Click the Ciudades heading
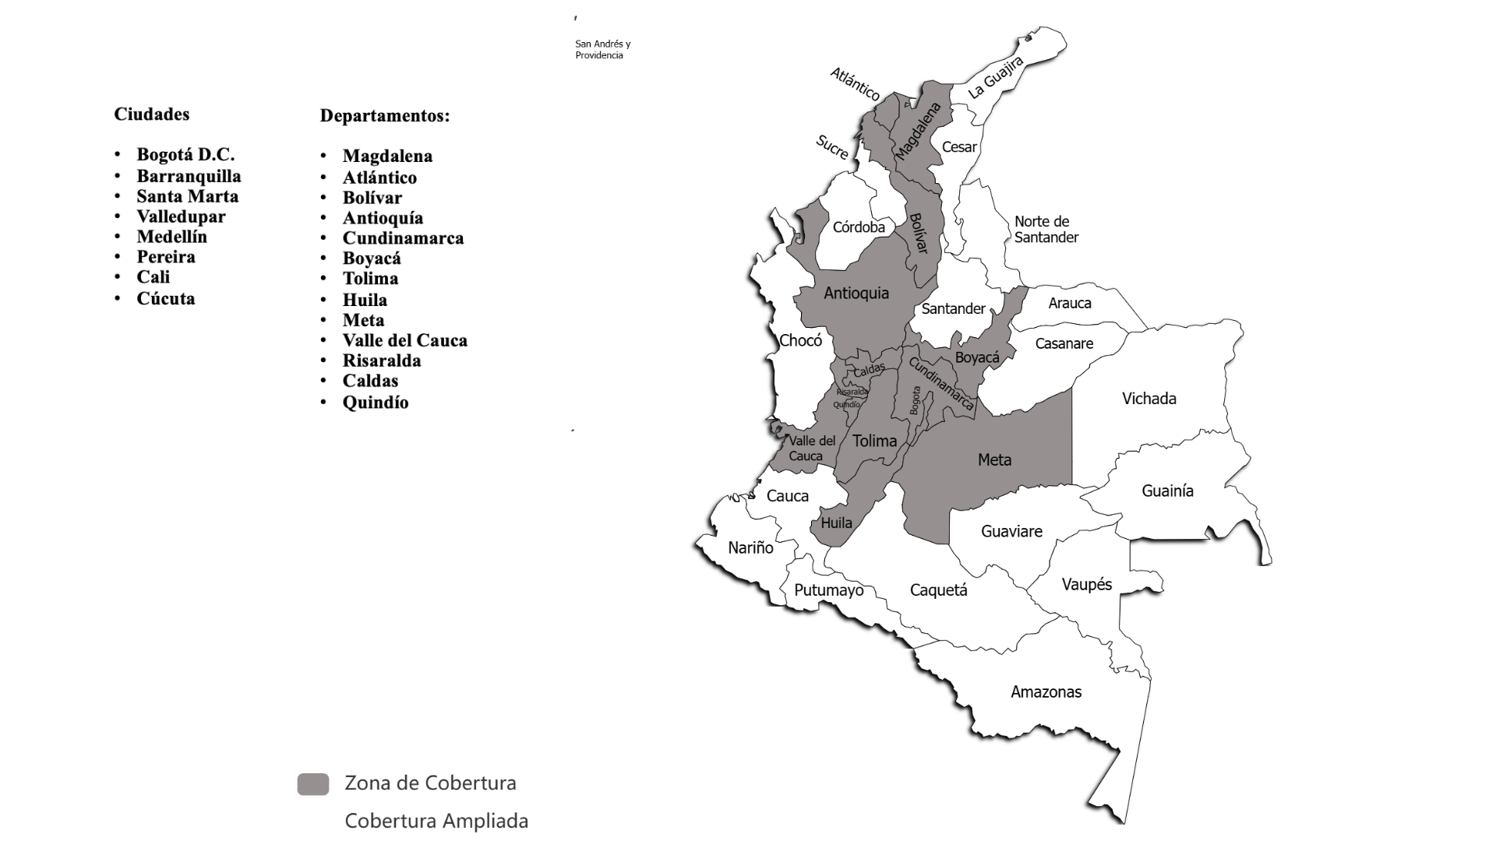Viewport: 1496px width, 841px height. [151, 114]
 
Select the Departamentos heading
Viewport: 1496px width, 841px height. [385, 116]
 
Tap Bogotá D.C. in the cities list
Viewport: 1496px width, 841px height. [185, 155]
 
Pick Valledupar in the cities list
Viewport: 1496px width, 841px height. [181, 216]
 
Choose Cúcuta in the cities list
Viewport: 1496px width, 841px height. [165, 299]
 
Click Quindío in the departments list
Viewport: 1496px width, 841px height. [376, 403]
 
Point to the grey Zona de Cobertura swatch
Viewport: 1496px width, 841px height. [313, 784]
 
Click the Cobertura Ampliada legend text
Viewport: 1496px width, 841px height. [436, 821]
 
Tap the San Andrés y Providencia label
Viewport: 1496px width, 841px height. [603, 50]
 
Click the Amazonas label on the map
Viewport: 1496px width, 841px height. [1046, 692]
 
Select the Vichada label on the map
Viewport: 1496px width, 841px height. [1148, 399]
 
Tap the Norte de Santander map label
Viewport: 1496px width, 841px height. [1046, 230]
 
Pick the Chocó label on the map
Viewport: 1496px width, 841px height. [800, 341]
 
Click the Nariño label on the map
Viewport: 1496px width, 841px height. [750, 548]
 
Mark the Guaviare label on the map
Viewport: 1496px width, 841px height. [1011, 532]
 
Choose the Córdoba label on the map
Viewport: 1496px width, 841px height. [859, 227]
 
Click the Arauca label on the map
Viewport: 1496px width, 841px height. [1069, 304]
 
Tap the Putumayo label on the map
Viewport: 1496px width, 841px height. [828, 590]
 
